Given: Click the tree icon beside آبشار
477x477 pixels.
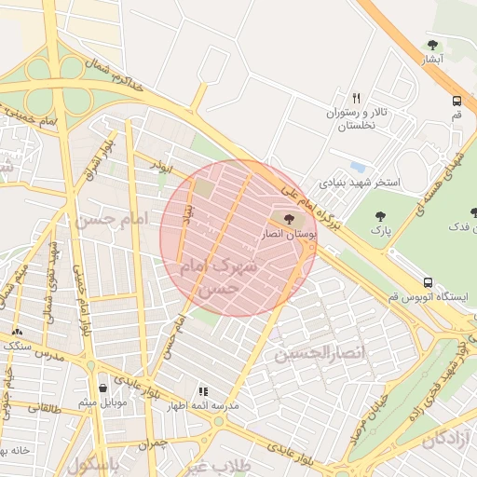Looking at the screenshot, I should click(x=431, y=44).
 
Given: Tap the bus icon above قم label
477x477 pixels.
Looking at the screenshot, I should click(x=457, y=102).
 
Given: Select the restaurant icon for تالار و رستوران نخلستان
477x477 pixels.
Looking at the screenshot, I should click(x=356, y=97).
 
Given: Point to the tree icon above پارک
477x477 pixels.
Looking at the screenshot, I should click(x=380, y=216).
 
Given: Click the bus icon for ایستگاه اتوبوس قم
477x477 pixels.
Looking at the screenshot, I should click(x=428, y=281).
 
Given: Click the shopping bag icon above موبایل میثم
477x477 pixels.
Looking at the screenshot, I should click(x=102, y=388).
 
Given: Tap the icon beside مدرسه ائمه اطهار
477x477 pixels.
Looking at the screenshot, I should click(x=203, y=391).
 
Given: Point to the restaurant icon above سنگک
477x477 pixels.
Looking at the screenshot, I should click(x=17, y=331).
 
